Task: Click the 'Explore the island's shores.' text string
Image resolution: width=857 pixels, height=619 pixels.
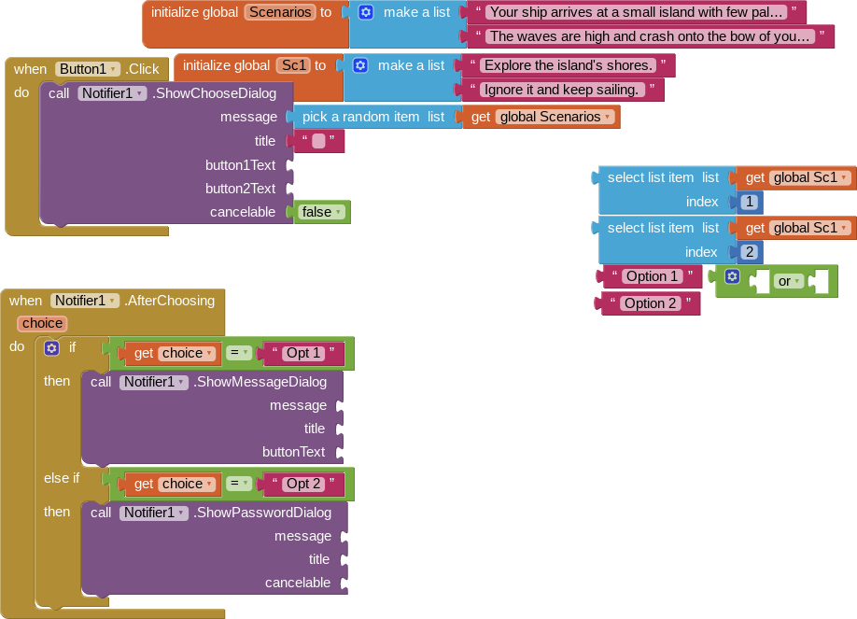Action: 568,65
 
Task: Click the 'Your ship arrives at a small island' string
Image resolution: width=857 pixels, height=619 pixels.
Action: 636,12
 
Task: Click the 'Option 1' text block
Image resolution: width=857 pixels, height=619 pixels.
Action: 652,276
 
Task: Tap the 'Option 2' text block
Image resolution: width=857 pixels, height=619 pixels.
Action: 650,303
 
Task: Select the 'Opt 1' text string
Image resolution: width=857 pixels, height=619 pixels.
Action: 304,353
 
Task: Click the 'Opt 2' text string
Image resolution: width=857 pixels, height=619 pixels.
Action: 304,484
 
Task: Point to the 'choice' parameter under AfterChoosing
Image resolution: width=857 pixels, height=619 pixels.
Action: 43,323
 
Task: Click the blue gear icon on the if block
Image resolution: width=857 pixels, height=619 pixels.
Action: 52,348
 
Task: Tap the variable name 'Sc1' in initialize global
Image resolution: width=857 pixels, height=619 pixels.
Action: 293,65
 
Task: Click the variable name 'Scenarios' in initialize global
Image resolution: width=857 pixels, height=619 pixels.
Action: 279,12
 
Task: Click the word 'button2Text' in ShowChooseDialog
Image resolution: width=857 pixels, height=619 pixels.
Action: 240,189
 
